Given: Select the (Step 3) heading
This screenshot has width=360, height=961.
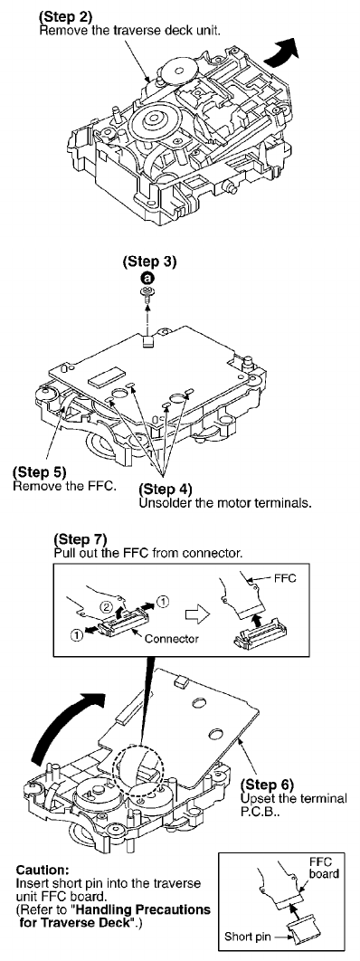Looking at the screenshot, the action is pyautogui.click(x=150, y=262).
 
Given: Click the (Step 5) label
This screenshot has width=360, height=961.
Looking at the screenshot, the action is pyautogui.click(x=39, y=472).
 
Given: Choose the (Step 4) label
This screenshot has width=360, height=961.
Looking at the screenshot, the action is pyautogui.click(x=166, y=490).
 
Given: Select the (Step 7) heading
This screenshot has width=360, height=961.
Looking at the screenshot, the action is pyautogui.click(x=81, y=540).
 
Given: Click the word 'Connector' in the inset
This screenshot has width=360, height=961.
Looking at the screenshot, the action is pyautogui.click(x=171, y=638).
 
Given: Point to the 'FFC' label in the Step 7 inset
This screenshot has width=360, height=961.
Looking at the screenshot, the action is pyautogui.click(x=284, y=578).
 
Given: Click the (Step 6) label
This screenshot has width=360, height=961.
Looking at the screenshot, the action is pyautogui.click(x=267, y=784).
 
